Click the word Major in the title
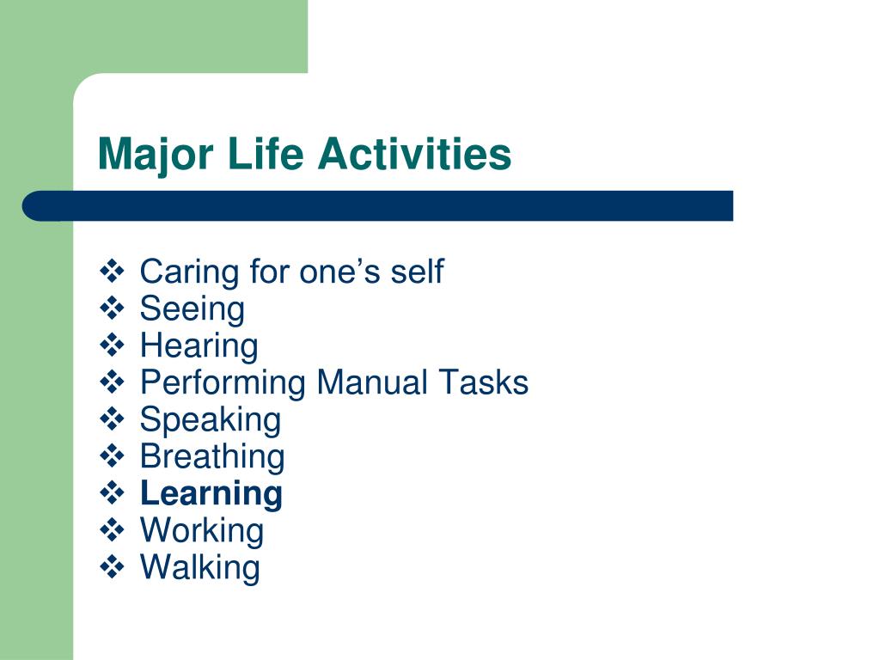[156, 155]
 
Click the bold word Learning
[211, 494]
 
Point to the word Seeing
[192, 309]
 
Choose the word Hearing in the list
[199, 346]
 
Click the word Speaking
[211, 420]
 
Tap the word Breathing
[213, 456]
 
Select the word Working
[202, 531]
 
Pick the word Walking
[200, 567]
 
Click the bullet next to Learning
[113, 492]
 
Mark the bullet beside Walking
[113, 566]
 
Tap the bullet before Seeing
[113, 309]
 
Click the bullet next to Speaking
[113, 419]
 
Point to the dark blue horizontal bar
[378, 206]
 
